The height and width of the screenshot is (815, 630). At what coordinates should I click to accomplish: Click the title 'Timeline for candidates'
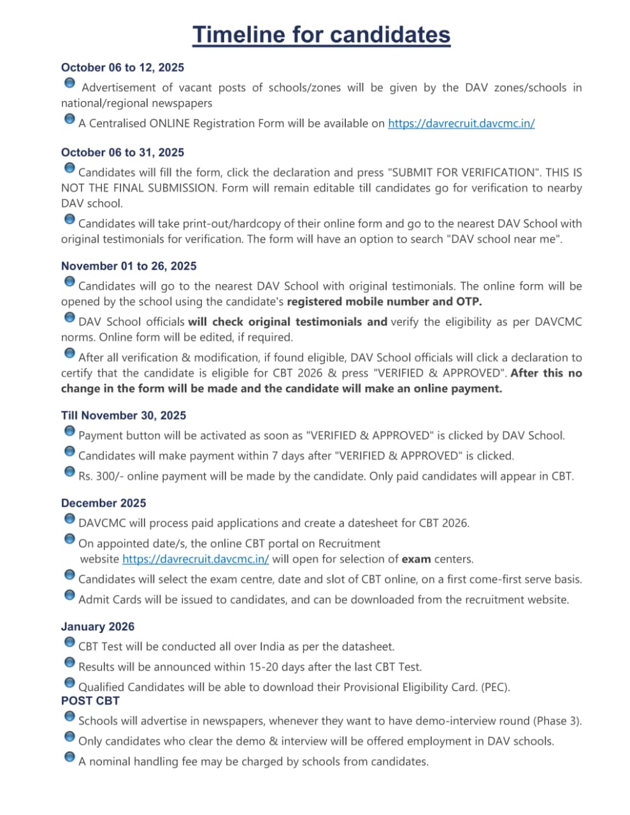pos(321,34)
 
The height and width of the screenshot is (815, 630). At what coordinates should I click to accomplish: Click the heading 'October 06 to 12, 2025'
pos(122,67)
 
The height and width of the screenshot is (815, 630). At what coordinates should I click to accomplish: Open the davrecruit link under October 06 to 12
pos(461,124)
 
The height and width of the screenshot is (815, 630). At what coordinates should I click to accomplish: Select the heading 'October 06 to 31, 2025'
pos(122,152)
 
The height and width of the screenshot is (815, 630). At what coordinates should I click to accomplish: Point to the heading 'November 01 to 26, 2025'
pos(129,266)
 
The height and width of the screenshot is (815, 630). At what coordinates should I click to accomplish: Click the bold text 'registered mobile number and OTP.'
pos(384,302)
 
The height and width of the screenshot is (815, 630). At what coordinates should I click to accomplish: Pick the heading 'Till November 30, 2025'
pos(124,415)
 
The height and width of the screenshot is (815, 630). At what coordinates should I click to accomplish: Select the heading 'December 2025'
pos(103,503)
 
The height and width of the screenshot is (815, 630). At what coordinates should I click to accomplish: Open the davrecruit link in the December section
pos(196,559)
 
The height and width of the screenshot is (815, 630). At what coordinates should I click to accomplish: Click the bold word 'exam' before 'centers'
pos(416,559)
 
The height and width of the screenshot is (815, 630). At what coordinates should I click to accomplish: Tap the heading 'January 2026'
pos(97,627)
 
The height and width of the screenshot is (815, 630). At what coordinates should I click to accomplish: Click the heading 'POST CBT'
pos(90,700)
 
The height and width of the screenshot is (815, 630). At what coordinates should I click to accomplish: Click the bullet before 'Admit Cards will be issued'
pos(69,595)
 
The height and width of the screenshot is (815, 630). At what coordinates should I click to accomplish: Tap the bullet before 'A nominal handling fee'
pos(69,757)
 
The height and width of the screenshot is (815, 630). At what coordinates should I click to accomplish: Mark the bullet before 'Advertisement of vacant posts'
pos(69,83)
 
